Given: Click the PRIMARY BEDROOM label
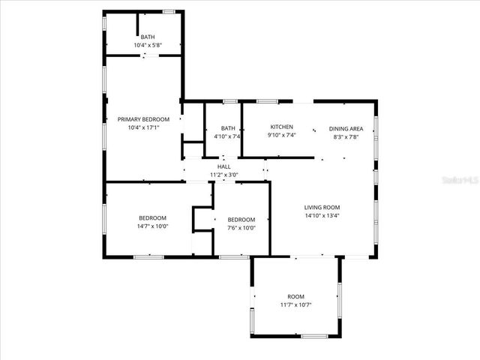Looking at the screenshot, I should pyautogui.click(x=143, y=119).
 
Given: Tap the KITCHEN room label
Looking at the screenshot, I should pyautogui.click(x=282, y=127).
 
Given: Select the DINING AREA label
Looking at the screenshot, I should pyautogui.click(x=346, y=128).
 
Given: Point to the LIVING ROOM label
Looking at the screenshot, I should pyautogui.click(x=322, y=207).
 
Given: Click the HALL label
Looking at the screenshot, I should pyautogui.click(x=223, y=166).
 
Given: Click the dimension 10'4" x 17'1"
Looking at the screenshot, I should pyautogui.click(x=143, y=127).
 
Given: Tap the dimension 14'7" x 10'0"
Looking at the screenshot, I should pyautogui.click(x=152, y=226).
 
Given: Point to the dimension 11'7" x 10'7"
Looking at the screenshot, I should pyautogui.click(x=295, y=304).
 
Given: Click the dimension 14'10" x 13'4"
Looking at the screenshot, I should pyautogui.click(x=322, y=215).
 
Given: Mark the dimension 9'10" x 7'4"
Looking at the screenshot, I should pyautogui.click(x=282, y=136).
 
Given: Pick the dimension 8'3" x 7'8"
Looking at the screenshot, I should pyautogui.click(x=346, y=136).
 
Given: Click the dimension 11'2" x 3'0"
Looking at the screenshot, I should pyautogui.click(x=223, y=175).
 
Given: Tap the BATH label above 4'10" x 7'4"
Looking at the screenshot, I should pyautogui.click(x=227, y=128).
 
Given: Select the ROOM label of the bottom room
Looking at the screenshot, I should pyautogui.click(x=295, y=296).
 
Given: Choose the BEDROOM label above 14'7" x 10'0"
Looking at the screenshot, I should pyautogui.click(x=152, y=217).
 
